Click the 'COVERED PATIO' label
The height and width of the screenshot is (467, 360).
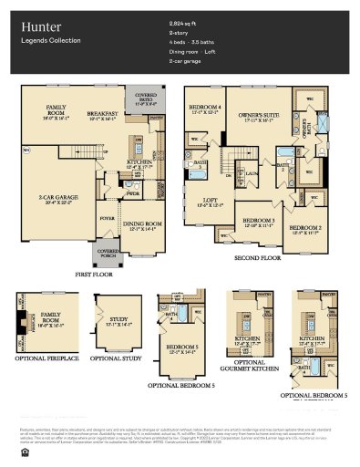[x=145, y=95]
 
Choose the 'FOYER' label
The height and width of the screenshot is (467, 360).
[x=108, y=192]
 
